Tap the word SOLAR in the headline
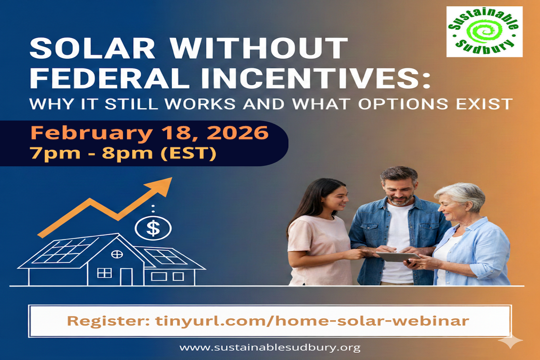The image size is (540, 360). tap(92, 49)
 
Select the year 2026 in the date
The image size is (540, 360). tap(238, 133)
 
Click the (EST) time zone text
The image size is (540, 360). tap(188, 153)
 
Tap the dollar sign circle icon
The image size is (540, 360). tap(153, 228)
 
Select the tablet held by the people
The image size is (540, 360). tap(397, 256)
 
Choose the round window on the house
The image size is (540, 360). tap(117, 255)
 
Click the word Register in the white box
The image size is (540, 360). tap(108, 321)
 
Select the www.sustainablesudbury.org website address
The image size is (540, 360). tap(270, 348)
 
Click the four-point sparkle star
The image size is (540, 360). tap(510, 340)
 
